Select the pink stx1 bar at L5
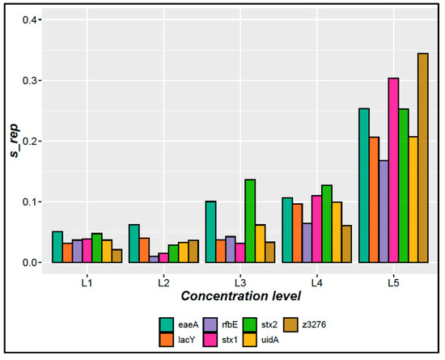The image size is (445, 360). [371, 170]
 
